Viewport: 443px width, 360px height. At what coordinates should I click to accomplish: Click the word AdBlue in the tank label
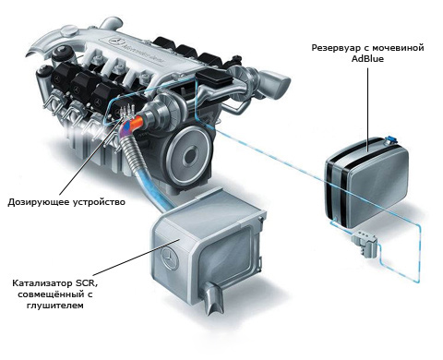coord(367,59)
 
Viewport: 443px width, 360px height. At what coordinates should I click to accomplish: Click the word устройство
coord(100,202)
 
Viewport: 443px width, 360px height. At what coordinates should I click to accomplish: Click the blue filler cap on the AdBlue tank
coord(390,140)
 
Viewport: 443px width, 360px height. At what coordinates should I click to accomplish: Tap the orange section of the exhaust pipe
coord(137,122)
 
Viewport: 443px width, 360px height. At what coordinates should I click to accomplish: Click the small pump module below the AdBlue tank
coord(365,243)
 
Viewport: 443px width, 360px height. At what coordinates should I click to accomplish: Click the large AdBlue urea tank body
coord(367,184)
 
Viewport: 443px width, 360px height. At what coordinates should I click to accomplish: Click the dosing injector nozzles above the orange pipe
coord(128,111)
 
